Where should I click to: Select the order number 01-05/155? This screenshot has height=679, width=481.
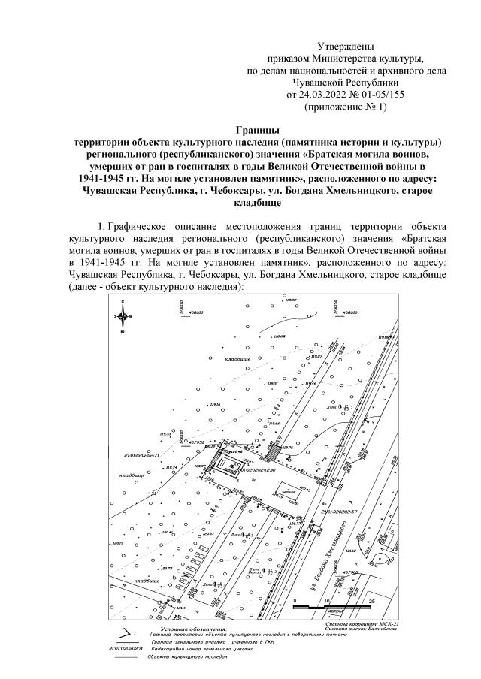click(x=379, y=95)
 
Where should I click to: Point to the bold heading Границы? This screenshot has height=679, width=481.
click(x=256, y=131)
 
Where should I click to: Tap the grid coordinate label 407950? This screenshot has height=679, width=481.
click(x=198, y=442)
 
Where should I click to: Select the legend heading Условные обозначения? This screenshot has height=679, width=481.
click(x=192, y=628)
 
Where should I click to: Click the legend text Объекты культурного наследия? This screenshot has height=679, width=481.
click(x=186, y=656)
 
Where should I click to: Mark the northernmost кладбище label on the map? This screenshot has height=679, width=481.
click(x=238, y=359)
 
